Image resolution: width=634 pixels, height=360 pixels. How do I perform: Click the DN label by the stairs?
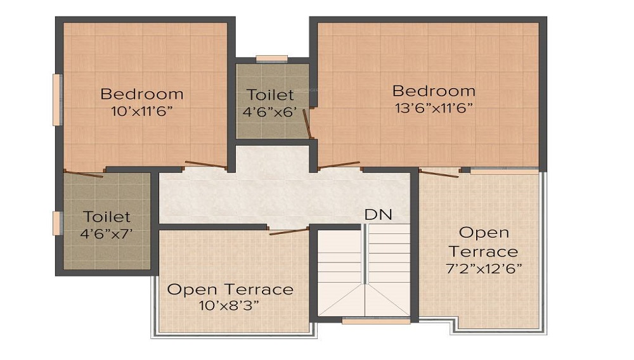378,215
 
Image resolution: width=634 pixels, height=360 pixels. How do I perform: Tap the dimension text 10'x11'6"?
142,112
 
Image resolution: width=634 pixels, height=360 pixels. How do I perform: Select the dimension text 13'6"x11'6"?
434,108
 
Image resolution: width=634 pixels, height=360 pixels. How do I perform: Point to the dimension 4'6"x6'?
270,112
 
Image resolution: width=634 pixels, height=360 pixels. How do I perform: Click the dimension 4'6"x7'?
107,233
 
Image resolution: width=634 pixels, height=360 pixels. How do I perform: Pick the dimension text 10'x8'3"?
229,305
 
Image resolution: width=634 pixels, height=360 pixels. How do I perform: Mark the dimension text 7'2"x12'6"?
484,269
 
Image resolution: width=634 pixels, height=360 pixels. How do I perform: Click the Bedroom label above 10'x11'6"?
142,94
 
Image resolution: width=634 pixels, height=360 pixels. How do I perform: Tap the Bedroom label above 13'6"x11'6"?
434,91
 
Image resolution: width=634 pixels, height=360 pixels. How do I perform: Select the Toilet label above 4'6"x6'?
270,94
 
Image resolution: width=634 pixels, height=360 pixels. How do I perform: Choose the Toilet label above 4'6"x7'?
107,217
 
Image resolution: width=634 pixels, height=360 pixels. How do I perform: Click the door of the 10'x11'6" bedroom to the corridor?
205,164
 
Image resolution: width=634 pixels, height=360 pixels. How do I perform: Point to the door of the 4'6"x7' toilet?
84,174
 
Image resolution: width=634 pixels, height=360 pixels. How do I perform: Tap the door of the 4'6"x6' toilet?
307,123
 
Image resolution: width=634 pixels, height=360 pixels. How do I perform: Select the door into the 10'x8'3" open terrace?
288,231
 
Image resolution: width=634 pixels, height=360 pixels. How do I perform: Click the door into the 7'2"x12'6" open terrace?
439,173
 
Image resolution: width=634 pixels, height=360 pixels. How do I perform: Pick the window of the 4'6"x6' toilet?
272,59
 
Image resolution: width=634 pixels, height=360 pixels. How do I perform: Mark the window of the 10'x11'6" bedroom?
57,100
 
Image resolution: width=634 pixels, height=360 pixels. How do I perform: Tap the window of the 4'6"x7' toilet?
57,223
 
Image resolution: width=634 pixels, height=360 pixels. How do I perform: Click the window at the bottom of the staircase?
377,321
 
